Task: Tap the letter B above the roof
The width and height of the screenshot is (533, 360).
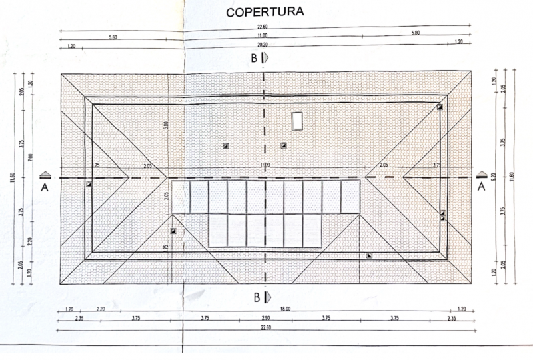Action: (254, 58)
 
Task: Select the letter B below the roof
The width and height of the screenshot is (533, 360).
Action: (254, 295)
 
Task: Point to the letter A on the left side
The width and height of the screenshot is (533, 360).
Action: (45, 187)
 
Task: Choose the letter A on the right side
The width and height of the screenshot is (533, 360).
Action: (481, 187)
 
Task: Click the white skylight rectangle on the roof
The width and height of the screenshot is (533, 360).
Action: (297, 121)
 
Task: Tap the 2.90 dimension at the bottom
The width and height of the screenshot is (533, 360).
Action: (265, 319)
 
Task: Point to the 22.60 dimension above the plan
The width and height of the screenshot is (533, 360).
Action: (265, 27)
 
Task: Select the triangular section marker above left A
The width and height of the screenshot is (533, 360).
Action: (45, 175)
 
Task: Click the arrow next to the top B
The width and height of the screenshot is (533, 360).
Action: (266, 58)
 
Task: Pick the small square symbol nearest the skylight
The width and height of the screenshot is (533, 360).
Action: (283, 145)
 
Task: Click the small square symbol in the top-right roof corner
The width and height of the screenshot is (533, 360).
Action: (440, 107)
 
